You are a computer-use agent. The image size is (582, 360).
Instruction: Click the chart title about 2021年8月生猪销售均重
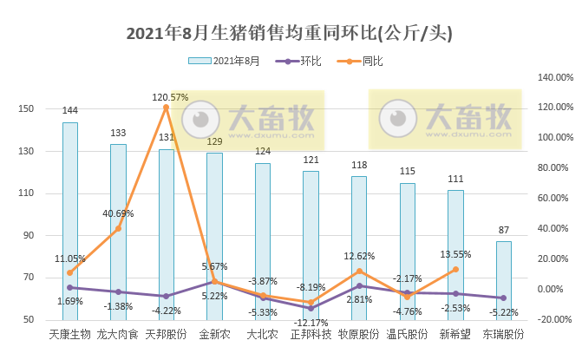(290, 33)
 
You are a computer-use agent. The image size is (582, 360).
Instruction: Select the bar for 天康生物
(70, 221)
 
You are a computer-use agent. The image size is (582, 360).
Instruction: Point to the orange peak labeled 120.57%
(166, 108)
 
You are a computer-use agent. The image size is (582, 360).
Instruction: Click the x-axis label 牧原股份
(358, 334)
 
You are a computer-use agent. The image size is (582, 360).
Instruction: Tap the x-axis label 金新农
(214, 334)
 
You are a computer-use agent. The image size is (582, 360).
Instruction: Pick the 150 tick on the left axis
(26, 108)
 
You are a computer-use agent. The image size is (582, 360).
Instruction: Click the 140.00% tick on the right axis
(555, 77)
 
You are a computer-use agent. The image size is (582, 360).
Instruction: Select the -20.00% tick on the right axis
(555, 319)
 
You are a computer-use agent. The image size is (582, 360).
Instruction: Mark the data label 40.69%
(118, 213)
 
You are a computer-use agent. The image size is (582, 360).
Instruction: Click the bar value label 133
(118, 134)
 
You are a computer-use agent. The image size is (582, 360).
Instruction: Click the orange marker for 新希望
(454, 269)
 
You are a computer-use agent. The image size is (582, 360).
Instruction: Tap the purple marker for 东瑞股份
(503, 298)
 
